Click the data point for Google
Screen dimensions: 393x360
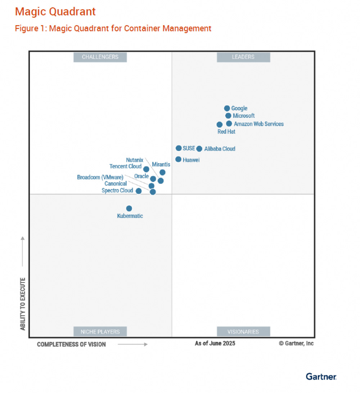[x=227, y=108]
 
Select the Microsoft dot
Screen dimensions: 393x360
[x=228, y=116]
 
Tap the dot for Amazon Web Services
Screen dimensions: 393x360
[x=229, y=124]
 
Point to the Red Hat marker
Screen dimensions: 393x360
[x=220, y=125]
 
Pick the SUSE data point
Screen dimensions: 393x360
[x=179, y=148]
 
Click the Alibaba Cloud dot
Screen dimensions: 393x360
[x=199, y=149]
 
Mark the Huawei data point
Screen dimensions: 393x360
[x=178, y=159]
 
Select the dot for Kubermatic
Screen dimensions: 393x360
[x=129, y=209]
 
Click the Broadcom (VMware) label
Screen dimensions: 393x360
[x=100, y=177]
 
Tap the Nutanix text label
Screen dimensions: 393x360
[x=135, y=160]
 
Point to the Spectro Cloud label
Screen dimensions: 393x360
[x=117, y=191]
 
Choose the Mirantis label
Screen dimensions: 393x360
[x=161, y=164]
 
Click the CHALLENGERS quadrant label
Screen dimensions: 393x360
[x=100, y=57]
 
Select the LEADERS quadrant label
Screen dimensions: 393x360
[x=243, y=57]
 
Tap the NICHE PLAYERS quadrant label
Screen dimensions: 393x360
[x=100, y=331]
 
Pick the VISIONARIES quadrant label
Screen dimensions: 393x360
[x=243, y=331]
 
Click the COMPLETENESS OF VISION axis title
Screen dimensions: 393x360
[x=71, y=344]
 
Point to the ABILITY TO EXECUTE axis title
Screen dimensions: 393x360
[x=23, y=304]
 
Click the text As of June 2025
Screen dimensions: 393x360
[x=215, y=343]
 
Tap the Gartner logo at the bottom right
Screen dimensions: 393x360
[x=321, y=376]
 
